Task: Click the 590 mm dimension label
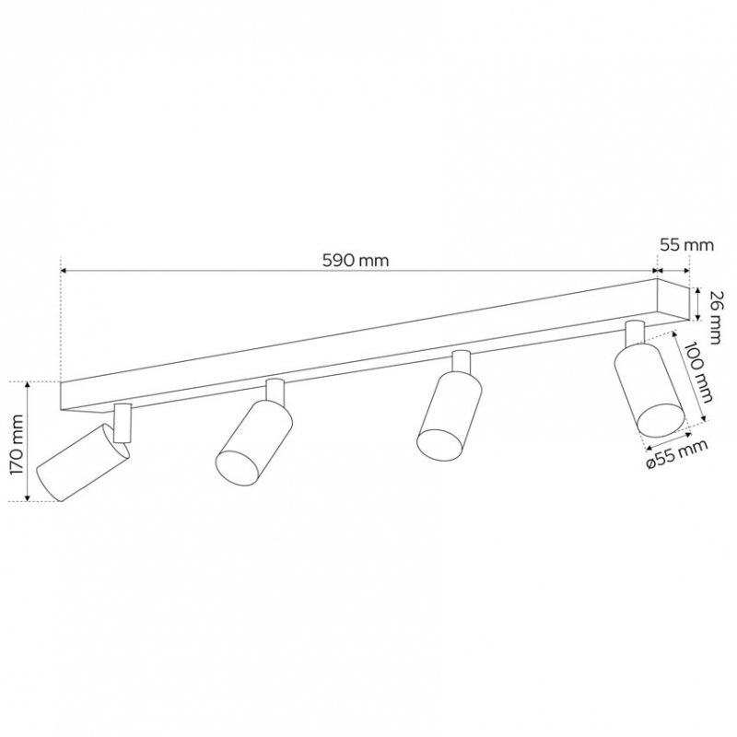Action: coord(356,261)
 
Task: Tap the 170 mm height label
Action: coord(18,445)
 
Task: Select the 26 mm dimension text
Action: coord(715,317)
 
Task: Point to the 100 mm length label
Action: coord(698,372)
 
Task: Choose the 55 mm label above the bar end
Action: coord(686,245)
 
